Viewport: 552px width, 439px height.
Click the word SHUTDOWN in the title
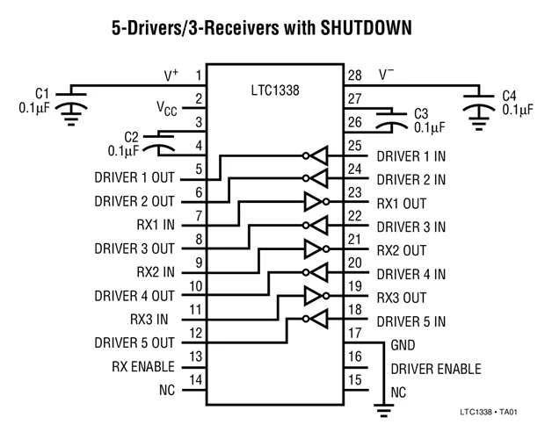(x=367, y=28)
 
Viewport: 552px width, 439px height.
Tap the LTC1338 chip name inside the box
(x=275, y=90)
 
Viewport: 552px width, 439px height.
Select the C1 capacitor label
(x=42, y=94)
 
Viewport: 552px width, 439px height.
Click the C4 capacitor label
(x=509, y=96)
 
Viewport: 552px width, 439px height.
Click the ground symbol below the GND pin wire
(x=383, y=411)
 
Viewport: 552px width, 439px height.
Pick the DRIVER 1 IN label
(x=411, y=156)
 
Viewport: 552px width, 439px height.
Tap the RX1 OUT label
(x=402, y=204)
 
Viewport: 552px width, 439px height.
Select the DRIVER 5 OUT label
(x=134, y=343)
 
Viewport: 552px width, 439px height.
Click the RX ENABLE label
(x=143, y=366)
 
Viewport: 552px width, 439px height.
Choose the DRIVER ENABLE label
(x=436, y=369)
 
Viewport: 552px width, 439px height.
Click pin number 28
(x=355, y=76)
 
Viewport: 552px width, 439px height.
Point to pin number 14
(x=196, y=380)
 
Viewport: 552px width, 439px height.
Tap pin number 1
(x=199, y=76)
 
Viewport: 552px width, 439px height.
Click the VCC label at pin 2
(x=167, y=108)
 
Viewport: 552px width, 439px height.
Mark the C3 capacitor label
(x=421, y=114)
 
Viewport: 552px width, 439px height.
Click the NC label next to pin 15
(x=398, y=392)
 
